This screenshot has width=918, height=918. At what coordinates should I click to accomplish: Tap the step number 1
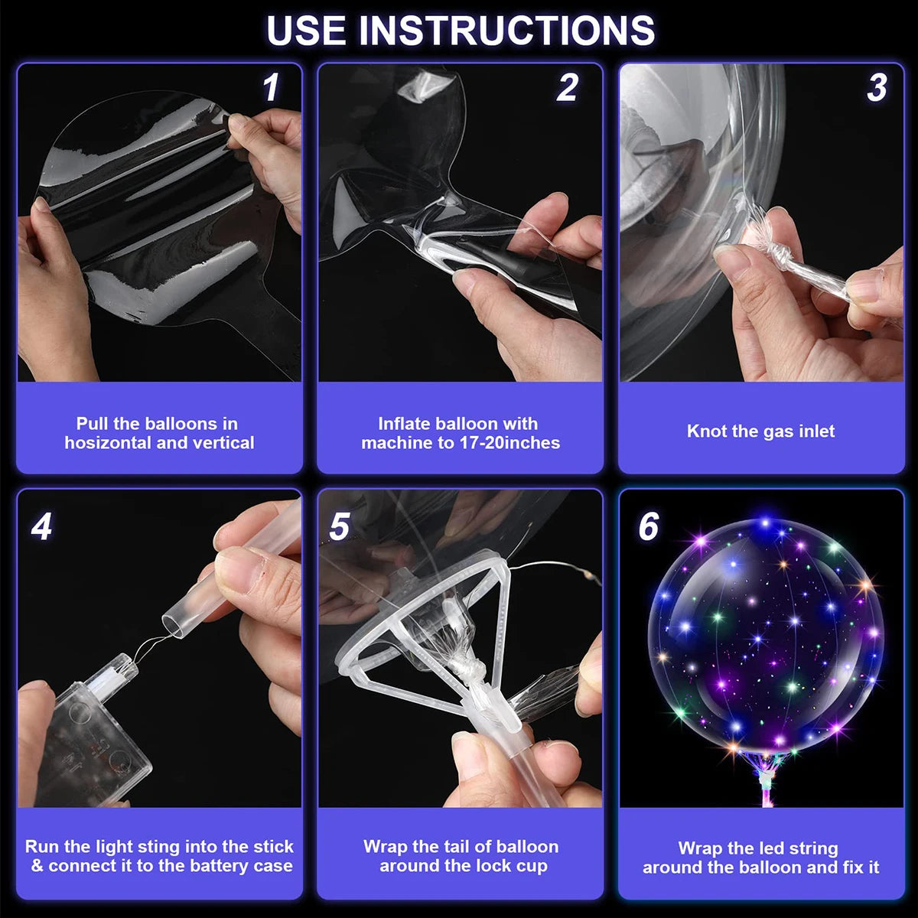point(271,88)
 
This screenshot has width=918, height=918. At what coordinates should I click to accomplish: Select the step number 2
point(567,88)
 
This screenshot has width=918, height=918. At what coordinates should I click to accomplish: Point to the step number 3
point(877,88)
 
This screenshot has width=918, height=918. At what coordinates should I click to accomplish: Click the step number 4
point(41,527)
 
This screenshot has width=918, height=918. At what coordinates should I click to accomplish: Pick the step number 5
point(339,527)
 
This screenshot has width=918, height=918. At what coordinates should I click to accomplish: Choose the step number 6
point(648,527)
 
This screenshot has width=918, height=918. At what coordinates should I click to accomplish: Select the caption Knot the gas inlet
point(760,431)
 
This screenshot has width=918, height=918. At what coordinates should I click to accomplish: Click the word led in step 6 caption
point(773,848)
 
